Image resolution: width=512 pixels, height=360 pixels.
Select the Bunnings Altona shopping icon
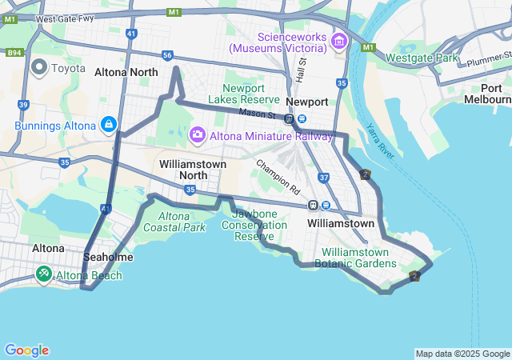pos(108,125)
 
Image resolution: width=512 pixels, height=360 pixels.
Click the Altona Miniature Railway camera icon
pos(198,136)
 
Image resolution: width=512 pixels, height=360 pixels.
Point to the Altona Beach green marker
pos(43,275)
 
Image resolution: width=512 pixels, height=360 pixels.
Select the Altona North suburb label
pos(126,72)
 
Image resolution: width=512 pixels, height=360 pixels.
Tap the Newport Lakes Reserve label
pos(243,93)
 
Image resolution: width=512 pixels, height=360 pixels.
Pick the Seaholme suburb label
pos(108,258)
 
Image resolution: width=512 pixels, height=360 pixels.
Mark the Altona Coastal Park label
pos(174,222)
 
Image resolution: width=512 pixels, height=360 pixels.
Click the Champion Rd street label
pos(278,178)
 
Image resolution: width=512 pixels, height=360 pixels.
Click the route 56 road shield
pos(167,55)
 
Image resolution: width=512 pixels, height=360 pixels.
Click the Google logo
pos(26,350)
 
